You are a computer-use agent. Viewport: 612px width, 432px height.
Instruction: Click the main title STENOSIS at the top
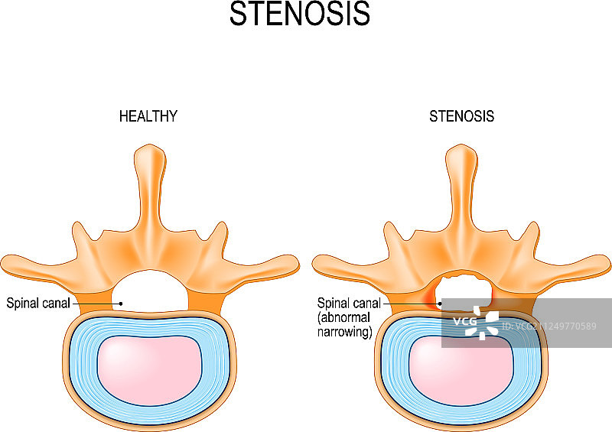(x=300, y=15)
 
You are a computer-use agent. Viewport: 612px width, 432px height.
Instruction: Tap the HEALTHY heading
(x=148, y=117)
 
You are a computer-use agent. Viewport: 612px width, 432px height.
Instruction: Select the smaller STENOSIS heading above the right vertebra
(x=461, y=117)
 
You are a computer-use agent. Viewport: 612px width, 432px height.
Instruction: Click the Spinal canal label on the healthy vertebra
(x=38, y=303)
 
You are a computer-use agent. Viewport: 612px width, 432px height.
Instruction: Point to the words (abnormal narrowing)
(x=344, y=325)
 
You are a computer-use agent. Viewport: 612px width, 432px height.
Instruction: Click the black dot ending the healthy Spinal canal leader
(x=121, y=304)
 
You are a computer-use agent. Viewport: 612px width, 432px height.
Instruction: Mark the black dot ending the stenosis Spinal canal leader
(x=440, y=304)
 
